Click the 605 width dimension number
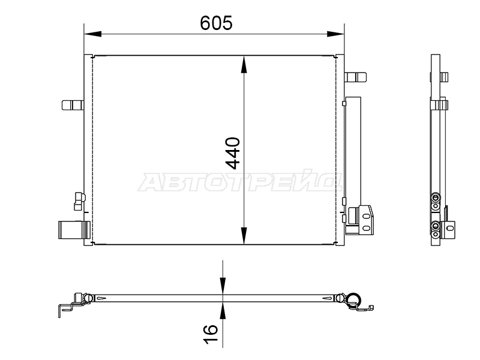(x=216, y=23)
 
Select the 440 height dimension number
(x=233, y=153)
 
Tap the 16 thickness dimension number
(x=211, y=334)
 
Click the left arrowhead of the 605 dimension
(x=92, y=34)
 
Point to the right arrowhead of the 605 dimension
(x=335, y=34)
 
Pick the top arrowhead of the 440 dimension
(x=244, y=64)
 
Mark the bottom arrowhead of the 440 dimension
(x=244, y=236)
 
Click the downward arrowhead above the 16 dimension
(x=223, y=286)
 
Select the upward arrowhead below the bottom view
(x=223, y=311)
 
